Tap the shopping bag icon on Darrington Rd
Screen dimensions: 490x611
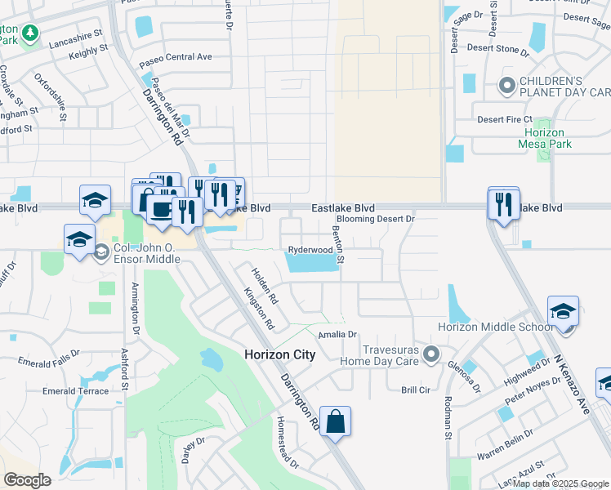pos(335,422)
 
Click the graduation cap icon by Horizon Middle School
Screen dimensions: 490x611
pos(563,312)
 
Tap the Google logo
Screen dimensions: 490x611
pos(26,480)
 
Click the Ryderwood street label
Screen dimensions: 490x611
pos(310,250)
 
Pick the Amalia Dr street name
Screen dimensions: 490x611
pos(338,335)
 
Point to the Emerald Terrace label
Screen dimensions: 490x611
pos(75,391)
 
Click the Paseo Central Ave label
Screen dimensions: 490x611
pos(175,57)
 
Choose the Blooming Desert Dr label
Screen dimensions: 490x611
pos(377,219)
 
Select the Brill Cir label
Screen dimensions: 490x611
pos(415,390)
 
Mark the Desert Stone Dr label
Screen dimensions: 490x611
pos(498,48)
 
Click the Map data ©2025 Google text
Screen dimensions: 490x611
pos(560,483)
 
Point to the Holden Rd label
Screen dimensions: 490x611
pos(265,286)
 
